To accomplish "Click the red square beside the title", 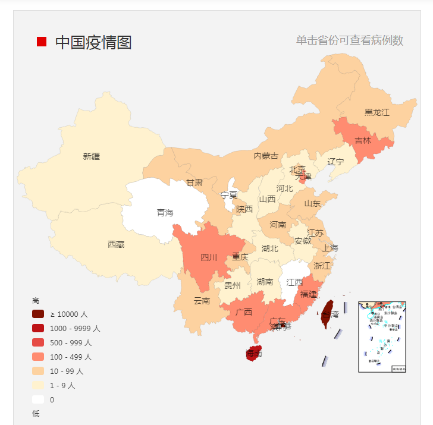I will [x=42, y=42].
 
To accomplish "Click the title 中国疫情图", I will [x=93, y=42].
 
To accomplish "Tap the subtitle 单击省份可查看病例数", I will [x=350, y=40].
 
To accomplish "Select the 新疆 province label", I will [x=92, y=156].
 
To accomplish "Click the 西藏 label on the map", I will [x=116, y=244].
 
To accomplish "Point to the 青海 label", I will [x=165, y=212].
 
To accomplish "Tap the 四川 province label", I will [x=209, y=257].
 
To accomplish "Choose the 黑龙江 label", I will [x=377, y=112].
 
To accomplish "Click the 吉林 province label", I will [x=363, y=141].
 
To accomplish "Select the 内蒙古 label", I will [x=266, y=156].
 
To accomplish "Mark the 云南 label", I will [x=202, y=301].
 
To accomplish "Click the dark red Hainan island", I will [x=255, y=351].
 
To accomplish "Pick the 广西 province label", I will [x=244, y=312].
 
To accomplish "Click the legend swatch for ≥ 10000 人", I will [x=39, y=314].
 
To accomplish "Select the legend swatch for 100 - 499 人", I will [x=39, y=357].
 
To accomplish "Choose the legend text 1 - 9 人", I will [x=62, y=385].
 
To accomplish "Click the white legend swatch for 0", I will [x=39, y=399].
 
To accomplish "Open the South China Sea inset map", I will [x=382, y=336].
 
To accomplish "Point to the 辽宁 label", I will [x=336, y=162].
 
